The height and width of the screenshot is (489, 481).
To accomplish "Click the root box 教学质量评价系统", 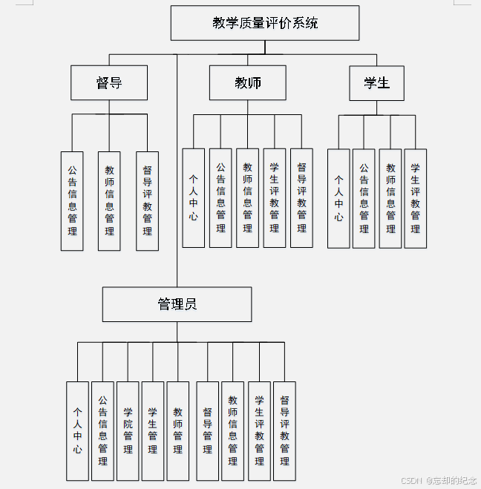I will click(265, 23).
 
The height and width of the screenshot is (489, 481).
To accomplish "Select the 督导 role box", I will click(109, 82).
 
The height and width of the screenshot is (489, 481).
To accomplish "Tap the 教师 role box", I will click(247, 82).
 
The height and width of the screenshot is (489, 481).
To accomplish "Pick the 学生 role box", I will click(376, 82).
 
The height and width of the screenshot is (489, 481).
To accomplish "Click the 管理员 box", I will click(177, 304).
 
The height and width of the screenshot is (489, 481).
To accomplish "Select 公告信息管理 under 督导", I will click(72, 200).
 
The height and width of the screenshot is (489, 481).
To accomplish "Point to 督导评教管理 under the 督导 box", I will click(147, 200).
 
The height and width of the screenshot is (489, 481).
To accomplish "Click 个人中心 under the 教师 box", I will click(194, 197).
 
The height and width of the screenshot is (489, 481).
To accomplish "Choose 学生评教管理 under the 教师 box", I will click(275, 197).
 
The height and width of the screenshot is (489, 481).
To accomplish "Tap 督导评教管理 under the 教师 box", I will click(301, 197).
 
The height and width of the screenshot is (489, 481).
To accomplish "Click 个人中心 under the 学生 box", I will click(338, 197).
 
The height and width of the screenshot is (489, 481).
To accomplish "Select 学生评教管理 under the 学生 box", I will click(415, 197).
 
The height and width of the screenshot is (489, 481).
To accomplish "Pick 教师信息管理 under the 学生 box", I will click(390, 197).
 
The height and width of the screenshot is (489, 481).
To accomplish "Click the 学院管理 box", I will click(128, 430).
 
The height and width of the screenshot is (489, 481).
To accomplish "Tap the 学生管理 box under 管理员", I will click(153, 430).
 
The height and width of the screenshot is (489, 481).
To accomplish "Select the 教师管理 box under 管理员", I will click(178, 430).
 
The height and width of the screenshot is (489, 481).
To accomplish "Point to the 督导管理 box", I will click(208, 430).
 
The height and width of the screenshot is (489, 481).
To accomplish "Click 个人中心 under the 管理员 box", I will click(77, 430).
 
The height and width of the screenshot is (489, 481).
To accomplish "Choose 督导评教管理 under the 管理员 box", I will click(284, 430).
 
